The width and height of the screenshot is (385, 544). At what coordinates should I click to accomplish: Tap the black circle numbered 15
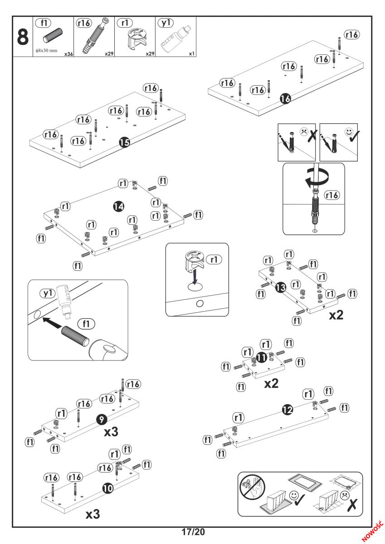(124, 142)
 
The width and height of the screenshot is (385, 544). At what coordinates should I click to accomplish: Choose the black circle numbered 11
(261, 358)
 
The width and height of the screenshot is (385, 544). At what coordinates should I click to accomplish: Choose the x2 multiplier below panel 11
(271, 384)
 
